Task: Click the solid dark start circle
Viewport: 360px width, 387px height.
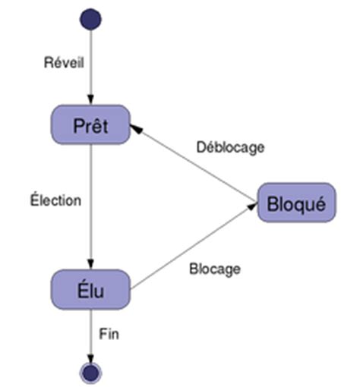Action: click(x=91, y=19)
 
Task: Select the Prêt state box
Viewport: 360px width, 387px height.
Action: click(x=91, y=125)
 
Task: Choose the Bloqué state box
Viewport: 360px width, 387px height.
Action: click(x=296, y=203)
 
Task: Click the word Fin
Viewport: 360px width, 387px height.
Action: click(x=110, y=332)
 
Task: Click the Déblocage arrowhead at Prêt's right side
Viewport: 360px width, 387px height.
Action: click(x=137, y=131)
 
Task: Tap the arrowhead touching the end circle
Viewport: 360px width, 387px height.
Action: click(x=91, y=357)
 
